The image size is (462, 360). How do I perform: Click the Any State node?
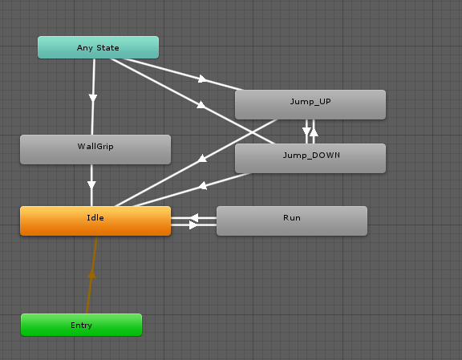click(98, 47)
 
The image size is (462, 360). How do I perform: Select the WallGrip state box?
click(95, 149)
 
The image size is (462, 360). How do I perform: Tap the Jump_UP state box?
click(310, 104)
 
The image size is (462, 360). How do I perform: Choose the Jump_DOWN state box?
click(310, 158)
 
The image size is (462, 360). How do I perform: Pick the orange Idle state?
click(95, 221)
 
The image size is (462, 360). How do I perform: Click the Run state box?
click(292, 221)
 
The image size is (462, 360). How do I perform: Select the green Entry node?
click(81, 325)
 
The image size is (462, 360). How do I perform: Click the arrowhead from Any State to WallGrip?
click(93, 98)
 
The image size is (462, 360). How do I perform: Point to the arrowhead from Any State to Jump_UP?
click(202, 79)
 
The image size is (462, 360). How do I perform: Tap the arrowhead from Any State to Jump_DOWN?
click(201, 105)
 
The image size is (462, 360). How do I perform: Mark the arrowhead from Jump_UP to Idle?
click(202, 159)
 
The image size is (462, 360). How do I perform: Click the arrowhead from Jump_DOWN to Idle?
click(202, 186)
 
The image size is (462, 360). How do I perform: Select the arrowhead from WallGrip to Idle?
click(91, 185)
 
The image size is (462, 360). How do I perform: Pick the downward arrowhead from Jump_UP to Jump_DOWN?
click(306, 131)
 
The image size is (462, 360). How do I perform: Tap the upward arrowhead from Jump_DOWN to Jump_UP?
click(314, 132)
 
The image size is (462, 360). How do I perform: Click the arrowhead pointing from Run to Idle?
click(194, 218)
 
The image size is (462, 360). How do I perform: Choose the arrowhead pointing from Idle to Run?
click(193, 225)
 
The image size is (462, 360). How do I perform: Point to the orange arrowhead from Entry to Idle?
click(91, 274)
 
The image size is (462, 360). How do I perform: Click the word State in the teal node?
click(107, 47)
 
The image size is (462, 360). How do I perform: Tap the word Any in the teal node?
click(85, 48)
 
